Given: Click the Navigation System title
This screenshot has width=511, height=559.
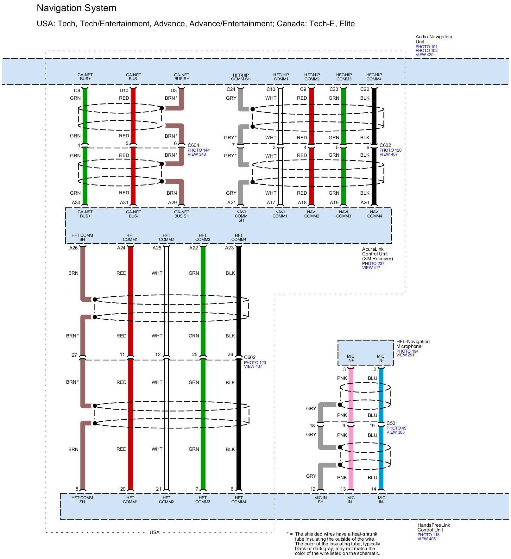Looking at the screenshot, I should pyautogui.click(x=76, y=8).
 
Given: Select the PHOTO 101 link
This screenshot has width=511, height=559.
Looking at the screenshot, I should pyautogui.click(x=426, y=47).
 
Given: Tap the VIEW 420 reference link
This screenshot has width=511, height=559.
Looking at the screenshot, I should pyautogui.click(x=424, y=55).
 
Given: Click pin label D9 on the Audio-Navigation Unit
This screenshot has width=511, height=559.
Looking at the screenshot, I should pyautogui.click(x=77, y=90).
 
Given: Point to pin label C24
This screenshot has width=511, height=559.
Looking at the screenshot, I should pyautogui.click(x=231, y=89).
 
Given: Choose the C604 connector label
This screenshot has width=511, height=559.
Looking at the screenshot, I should pyautogui.click(x=193, y=145).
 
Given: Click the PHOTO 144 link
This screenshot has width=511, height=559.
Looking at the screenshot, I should pyautogui.click(x=199, y=150).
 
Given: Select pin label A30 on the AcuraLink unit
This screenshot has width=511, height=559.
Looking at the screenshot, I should pyautogui.click(x=76, y=203).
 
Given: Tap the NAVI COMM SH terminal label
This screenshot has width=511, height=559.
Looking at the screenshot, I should pyautogui.click(x=241, y=216).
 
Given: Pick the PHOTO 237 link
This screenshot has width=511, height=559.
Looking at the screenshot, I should pyautogui.click(x=373, y=263).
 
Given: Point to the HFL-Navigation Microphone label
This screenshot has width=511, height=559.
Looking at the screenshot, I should pyautogui.click(x=413, y=344).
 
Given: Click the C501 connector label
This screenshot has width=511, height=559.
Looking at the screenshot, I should pyautogui.click(x=392, y=423).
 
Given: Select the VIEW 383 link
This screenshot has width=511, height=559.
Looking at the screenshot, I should pyautogui.click(x=395, y=432).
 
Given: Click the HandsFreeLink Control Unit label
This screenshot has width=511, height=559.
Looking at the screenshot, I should pyautogui.click(x=433, y=527).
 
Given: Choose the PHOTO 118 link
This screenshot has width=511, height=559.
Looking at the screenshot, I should pyautogui.click(x=428, y=535).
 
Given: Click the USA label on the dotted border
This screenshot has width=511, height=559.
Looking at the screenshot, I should pyautogui.click(x=155, y=532).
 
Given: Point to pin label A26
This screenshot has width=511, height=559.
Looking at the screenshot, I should pyautogui.click(x=73, y=248).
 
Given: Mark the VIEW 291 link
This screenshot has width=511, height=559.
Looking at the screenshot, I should pyautogui.click(x=405, y=355).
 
